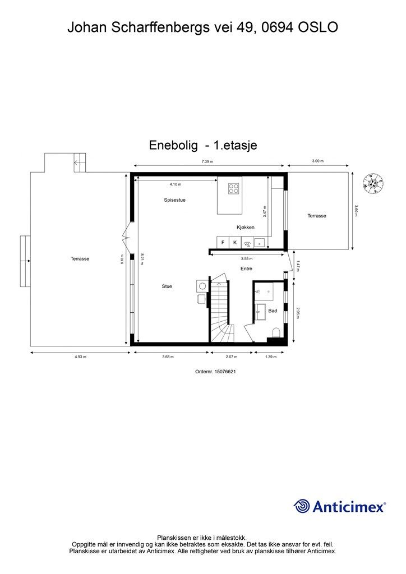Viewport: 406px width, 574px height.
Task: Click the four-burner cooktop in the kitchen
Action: pos(233,188)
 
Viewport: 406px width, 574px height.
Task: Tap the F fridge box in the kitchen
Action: pos(223,242)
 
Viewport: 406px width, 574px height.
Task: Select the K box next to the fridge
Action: pos(235,242)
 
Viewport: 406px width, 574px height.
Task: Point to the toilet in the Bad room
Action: pos(275,335)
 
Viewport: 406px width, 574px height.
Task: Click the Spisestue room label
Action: pos(174,200)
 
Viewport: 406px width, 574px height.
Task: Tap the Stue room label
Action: pos(167,286)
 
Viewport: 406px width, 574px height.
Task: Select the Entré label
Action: pos(246,269)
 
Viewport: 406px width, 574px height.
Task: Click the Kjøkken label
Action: pos(246,227)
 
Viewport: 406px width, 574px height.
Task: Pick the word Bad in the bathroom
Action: pos(273,311)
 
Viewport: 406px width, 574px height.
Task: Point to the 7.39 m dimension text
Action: pos(207,161)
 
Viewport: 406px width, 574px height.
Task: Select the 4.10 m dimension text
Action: pos(176,184)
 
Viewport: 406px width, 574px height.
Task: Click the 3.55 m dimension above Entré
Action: pos(246,259)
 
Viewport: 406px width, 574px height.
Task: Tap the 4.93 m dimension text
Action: pos(80,357)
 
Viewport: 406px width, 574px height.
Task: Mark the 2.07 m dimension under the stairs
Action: pos(231,357)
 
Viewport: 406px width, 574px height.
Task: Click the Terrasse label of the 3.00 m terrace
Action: pos(317,216)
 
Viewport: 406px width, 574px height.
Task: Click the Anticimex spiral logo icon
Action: pos(302,506)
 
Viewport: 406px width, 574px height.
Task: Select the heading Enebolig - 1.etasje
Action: pos(203,145)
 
